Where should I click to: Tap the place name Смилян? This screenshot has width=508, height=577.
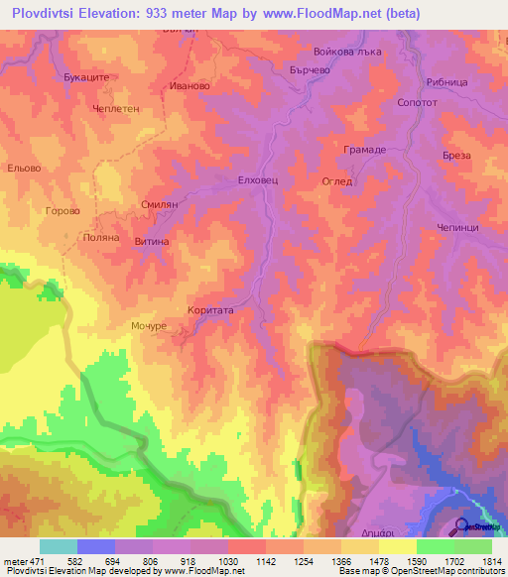(x=159, y=203)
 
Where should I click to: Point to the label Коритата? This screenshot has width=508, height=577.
(x=210, y=310)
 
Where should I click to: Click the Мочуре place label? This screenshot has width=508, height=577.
(x=147, y=324)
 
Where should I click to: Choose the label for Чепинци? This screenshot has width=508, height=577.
(x=457, y=228)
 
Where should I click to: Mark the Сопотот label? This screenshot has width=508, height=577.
(x=417, y=104)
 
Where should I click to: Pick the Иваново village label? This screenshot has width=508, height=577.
(x=190, y=86)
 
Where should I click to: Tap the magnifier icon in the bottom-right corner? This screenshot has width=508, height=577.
(x=461, y=526)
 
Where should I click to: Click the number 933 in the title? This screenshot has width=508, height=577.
(x=180, y=14)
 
